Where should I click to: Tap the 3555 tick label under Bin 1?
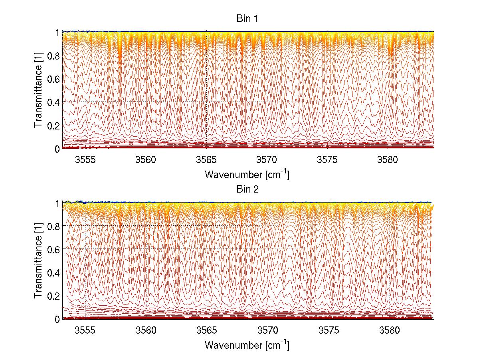coord(85,160)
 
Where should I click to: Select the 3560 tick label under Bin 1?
coord(146,160)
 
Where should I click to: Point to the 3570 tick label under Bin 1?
coord(267,160)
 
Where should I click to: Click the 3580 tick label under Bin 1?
coord(389,160)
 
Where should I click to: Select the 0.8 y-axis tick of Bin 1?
coord(54,55)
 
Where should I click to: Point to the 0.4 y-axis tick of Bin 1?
coord(54,102)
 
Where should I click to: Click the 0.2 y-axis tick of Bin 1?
coord(54,125)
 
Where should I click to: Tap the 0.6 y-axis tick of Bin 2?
coord(54,249)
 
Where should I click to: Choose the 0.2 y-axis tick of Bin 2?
coord(54,295)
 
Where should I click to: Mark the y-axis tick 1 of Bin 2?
coord(57,203)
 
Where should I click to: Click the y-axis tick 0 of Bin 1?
coord(57,149)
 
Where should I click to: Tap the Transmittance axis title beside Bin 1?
coord(39,90)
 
